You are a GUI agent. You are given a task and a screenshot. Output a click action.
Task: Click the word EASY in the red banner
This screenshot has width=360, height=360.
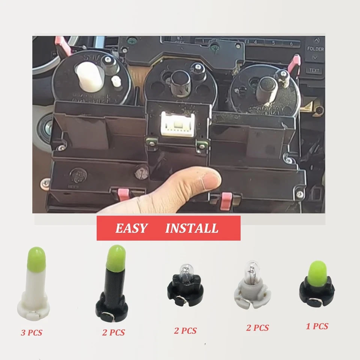pyautogui.click(x=131, y=228)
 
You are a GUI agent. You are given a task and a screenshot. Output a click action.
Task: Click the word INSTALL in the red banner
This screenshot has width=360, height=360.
pyautogui.click(x=192, y=228)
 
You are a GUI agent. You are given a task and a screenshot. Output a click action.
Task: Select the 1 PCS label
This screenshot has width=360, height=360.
pyautogui.click(x=317, y=326)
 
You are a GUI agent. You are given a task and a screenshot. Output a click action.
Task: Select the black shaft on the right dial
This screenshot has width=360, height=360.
pyautogui.click(x=267, y=89)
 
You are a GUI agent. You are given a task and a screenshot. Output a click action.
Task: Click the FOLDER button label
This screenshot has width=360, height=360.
pyautogui.click(x=315, y=49)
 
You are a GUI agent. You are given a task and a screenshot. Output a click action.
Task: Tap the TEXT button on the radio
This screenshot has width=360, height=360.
pyautogui.click(x=314, y=70)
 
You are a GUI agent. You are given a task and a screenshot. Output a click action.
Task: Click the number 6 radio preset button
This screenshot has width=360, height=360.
pyautogui.click(x=291, y=43)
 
